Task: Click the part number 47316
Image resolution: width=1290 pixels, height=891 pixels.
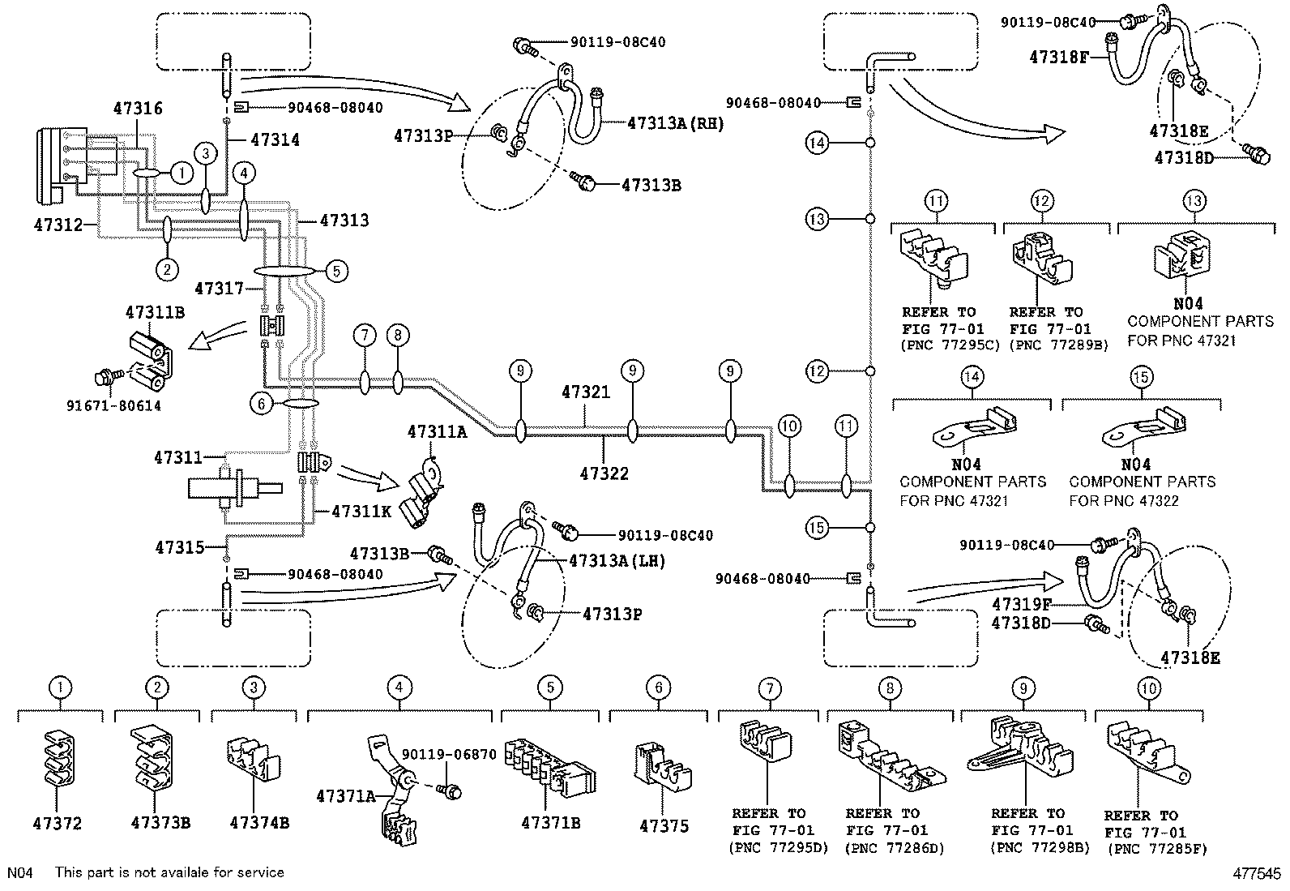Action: (x=139, y=109)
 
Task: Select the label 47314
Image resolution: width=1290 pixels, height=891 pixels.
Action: (x=275, y=140)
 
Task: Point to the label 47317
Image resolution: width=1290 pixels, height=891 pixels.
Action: (x=220, y=288)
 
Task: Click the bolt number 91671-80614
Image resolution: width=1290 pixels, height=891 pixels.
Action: (x=125, y=405)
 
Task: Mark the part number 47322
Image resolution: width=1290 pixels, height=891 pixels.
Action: (x=604, y=473)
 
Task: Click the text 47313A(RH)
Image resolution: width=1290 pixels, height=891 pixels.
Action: (x=675, y=124)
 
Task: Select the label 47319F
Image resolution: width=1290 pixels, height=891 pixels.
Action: (x=1023, y=603)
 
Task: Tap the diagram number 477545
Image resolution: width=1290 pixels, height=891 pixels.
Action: (x=1258, y=874)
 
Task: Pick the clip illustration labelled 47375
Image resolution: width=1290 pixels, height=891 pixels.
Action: (x=660, y=765)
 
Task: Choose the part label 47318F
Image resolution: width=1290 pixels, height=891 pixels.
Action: (x=1059, y=58)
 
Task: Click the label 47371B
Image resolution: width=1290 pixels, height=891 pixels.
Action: (x=550, y=823)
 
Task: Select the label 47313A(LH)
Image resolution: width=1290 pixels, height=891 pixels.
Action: (x=617, y=560)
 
